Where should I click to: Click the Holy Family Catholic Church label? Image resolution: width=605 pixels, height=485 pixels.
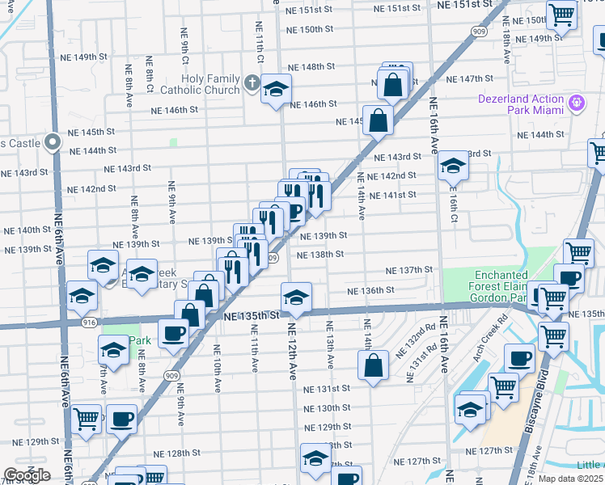coord(200,84)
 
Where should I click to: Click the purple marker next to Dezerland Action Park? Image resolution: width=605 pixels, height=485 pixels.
coord(576,103)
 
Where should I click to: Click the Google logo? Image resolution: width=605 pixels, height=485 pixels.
coord(27,476)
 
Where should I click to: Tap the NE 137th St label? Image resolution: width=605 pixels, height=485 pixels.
coord(409,270)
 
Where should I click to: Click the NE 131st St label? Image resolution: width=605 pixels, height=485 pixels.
coord(326,389)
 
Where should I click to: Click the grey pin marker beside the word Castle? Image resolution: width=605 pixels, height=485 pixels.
coord(53,142)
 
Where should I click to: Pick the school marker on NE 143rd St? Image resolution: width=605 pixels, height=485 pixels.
coord(454,166)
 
